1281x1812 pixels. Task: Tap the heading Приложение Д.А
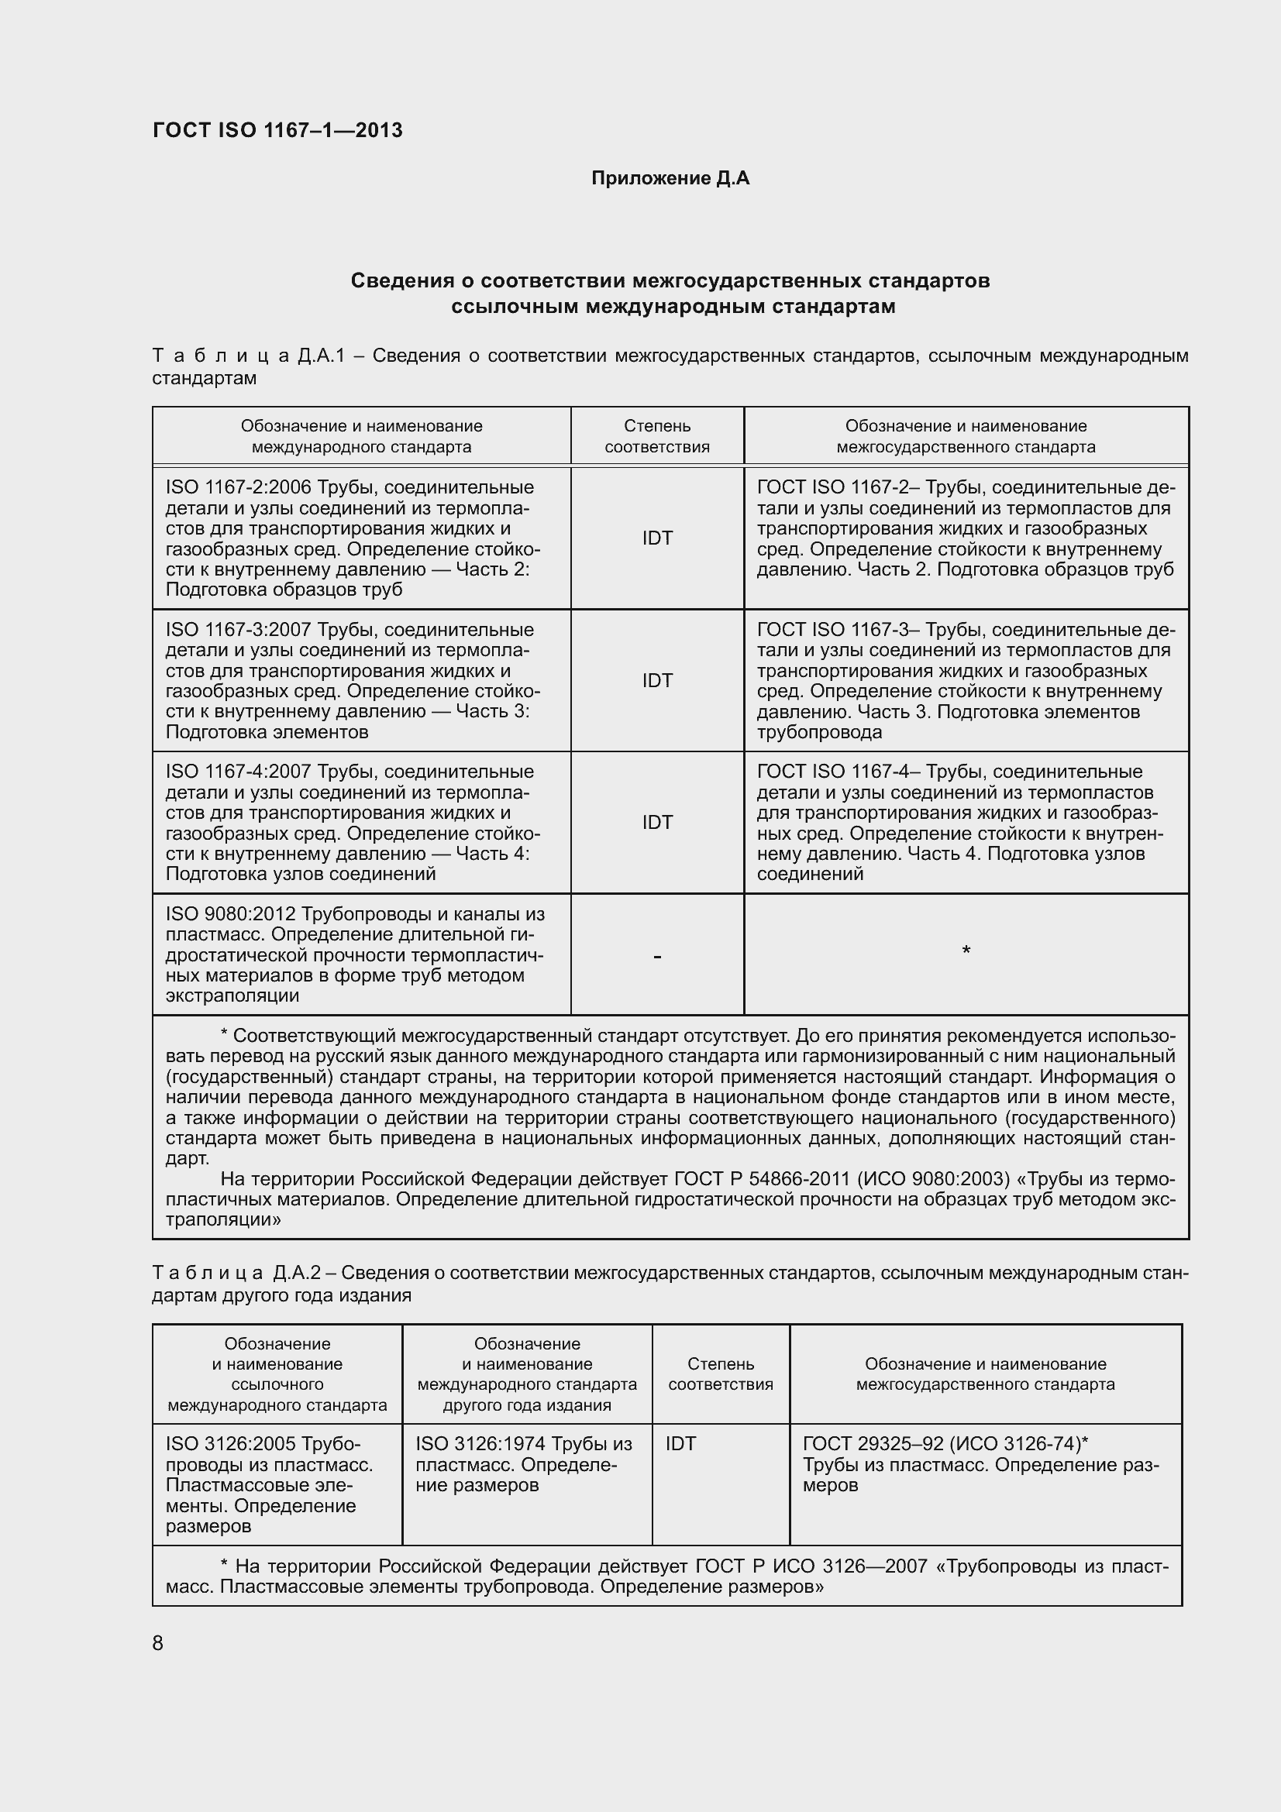670,178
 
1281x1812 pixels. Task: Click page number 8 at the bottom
158,1643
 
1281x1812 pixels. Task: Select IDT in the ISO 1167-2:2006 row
656,538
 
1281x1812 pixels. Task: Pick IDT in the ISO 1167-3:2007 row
656,680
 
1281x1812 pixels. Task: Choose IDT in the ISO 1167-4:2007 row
656,823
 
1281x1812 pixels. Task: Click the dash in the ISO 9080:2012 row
656,957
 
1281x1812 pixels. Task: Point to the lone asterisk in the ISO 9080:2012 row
966,951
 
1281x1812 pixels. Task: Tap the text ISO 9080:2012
231,914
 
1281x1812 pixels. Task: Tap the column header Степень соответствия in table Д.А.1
656,436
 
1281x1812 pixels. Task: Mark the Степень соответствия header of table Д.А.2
720,1374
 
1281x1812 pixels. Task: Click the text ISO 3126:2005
230,1444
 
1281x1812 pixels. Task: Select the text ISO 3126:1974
480,1444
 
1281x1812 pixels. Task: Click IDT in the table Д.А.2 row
680,1444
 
